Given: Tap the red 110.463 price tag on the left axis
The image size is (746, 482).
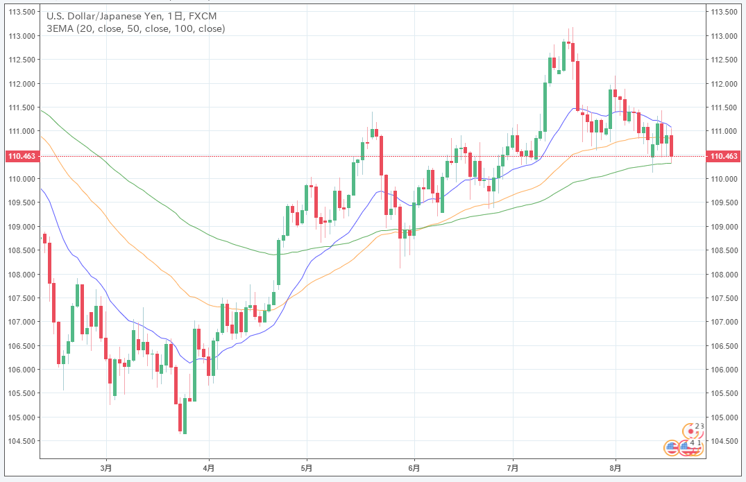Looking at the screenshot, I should (x=22, y=157).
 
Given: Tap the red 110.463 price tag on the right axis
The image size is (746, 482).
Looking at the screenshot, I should (x=724, y=157).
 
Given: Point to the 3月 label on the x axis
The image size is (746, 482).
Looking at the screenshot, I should (x=106, y=467).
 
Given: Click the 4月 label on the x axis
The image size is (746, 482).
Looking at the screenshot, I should (x=209, y=467).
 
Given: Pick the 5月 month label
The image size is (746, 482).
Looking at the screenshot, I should (x=307, y=467).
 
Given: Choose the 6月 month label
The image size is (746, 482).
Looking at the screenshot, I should (x=414, y=467).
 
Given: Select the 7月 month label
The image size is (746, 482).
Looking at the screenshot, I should (x=512, y=467).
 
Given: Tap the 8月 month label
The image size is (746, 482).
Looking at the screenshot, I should (x=616, y=467).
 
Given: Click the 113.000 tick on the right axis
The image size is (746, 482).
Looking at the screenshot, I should (x=724, y=36).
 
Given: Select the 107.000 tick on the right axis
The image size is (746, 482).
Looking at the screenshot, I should (x=724, y=322).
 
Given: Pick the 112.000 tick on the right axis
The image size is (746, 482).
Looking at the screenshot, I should (x=724, y=84).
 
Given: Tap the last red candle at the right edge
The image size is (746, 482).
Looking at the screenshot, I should (x=671, y=146).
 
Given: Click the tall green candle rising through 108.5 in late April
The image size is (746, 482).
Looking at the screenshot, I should (x=278, y=262).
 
